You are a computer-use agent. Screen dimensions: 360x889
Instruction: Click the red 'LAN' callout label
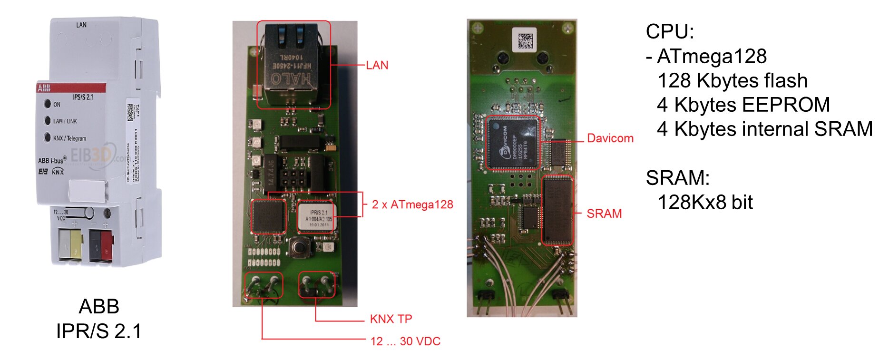pos(377,65)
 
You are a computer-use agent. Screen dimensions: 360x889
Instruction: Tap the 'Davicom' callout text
pos(610,138)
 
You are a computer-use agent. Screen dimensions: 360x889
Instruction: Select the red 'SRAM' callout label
pos(604,214)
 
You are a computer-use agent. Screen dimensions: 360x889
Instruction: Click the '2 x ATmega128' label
pos(412,204)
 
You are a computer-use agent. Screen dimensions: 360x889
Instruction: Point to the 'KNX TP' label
pos(391,319)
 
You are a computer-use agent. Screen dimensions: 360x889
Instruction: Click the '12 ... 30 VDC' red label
pos(405,341)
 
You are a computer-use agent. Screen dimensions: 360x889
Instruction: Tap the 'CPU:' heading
pos(669,32)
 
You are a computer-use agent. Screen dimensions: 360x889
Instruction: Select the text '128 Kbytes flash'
pos(732,81)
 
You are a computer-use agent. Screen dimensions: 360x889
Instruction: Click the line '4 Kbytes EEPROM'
pos(743,105)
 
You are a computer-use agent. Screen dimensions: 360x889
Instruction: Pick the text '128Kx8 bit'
pos(705,203)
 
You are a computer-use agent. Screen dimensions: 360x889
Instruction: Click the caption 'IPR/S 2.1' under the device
pos(99,331)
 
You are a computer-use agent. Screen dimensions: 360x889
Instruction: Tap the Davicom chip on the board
pos(513,143)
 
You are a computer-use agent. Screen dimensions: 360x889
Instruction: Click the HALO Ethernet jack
pos(292,67)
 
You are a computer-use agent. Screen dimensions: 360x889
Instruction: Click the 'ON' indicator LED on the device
pos(48,104)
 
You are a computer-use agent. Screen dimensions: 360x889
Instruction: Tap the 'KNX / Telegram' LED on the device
pos(48,137)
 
